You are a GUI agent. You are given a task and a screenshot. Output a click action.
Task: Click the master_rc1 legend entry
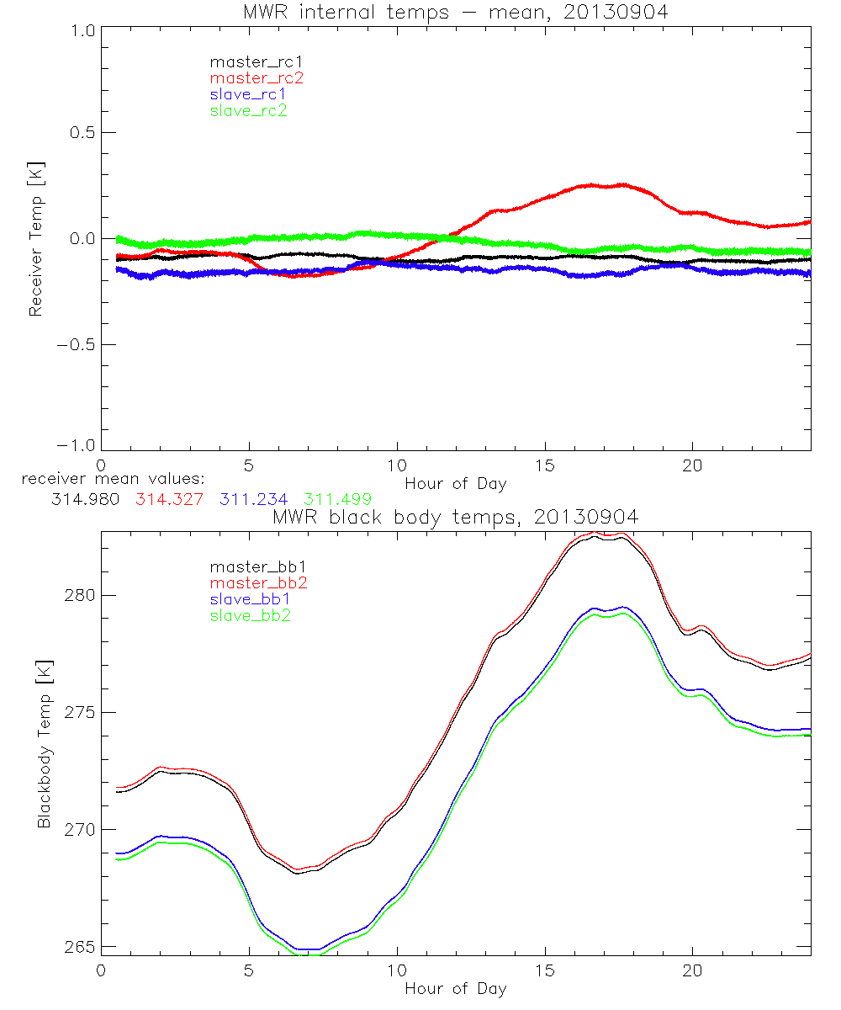click(x=250, y=61)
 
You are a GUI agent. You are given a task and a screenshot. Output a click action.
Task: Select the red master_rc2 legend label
click(x=256, y=78)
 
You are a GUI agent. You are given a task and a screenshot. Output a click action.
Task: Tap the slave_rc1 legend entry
click(x=248, y=94)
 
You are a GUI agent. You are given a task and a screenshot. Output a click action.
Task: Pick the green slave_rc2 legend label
click(x=248, y=110)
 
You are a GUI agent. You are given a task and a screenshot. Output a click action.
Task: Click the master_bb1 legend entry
click(x=250, y=566)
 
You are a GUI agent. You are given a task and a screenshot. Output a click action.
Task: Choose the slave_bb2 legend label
click(x=251, y=617)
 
